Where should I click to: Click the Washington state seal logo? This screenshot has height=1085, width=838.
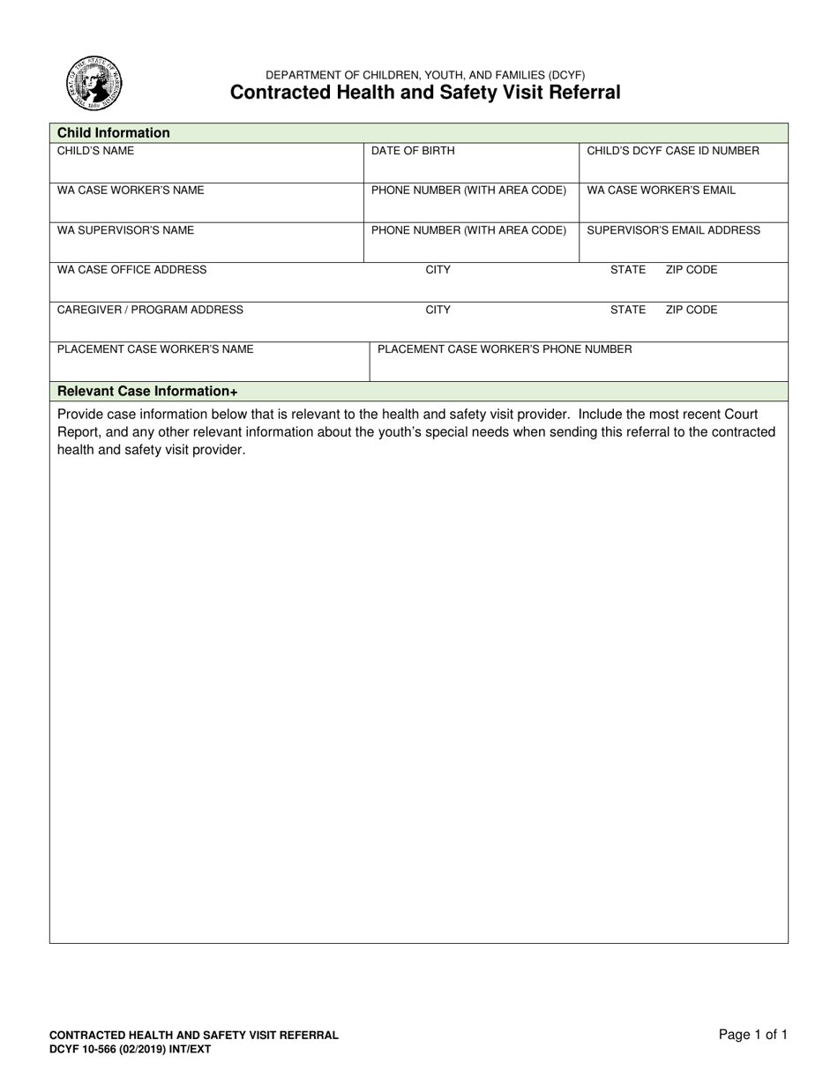pyautogui.click(x=94, y=84)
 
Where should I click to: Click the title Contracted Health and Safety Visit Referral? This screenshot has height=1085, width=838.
pyautogui.click(x=425, y=93)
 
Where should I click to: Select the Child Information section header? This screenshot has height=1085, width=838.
pyautogui.click(x=114, y=133)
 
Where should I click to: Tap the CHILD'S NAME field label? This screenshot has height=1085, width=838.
pyautogui.click(x=96, y=151)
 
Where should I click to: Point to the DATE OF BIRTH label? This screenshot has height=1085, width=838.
pyautogui.click(x=413, y=151)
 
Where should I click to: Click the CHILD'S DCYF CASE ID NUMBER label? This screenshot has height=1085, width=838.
pyautogui.click(x=673, y=151)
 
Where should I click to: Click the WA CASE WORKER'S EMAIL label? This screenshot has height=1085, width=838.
pyautogui.click(x=661, y=191)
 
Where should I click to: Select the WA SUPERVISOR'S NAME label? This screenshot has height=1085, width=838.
pyautogui.click(x=125, y=230)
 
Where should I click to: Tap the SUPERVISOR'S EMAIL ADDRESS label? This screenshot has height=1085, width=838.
pyautogui.click(x=673, y=230)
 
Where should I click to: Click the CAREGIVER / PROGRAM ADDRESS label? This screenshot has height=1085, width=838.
pyautogui.click(x=150, y=310)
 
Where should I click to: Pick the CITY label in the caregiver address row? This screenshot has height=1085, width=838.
pyautogui.click(x=438, y=310)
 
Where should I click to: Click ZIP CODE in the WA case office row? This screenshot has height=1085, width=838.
pyautogui.click(x=692, y=270)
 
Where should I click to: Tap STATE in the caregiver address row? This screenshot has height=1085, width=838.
pyautogui.click(x=628, y=310)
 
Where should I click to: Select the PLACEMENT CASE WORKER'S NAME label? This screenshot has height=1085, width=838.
pyautogui.click(x=155, y=349)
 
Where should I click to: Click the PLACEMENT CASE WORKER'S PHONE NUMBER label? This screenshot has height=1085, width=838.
pyautogui.click(x=505, y=349)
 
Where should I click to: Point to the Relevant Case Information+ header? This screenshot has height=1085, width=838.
pyautogui.click(x=147, y=392)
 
